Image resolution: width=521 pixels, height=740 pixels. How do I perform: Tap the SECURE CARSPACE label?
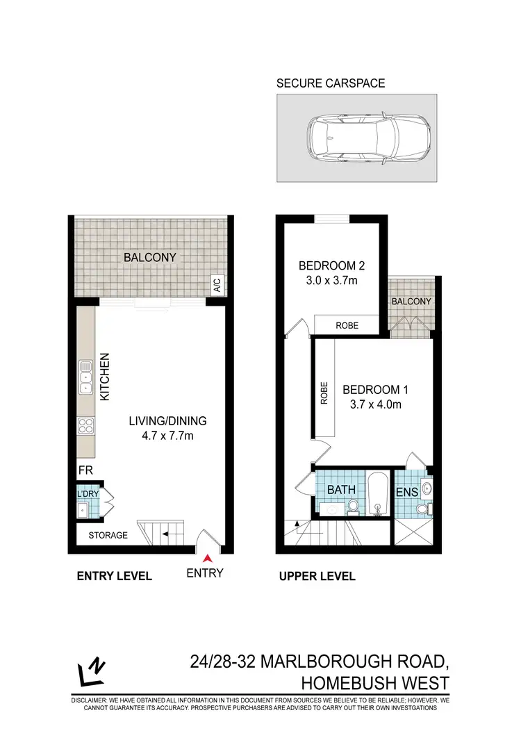click(331, 84)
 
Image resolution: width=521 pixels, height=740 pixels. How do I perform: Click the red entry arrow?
click(206, 557)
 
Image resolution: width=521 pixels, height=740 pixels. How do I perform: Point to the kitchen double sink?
click(87, 379)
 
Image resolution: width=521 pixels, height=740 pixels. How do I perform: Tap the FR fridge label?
click(85, 469)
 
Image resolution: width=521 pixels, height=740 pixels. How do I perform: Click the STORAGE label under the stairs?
click(108, 535)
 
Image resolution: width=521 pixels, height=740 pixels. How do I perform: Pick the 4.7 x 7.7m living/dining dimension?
click(167, 436)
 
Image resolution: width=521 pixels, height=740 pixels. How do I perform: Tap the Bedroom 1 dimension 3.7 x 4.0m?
click(372, 405)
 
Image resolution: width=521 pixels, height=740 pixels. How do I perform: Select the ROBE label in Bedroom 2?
click(347, 324)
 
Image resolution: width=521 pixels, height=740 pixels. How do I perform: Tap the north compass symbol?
click(91, 672)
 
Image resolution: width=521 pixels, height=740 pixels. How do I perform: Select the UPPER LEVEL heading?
click(317, 576)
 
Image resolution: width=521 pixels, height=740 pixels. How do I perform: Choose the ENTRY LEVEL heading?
click(114, 576)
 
